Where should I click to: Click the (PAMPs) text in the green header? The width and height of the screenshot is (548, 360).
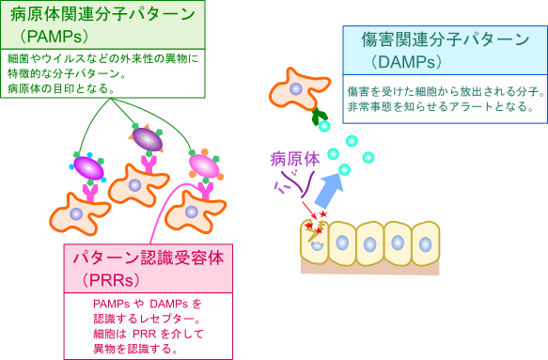click(x=55, y=36)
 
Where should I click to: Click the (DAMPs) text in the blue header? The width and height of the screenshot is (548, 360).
click(x=406, y=62)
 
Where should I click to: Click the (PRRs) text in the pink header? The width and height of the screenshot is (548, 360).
click(x=111, y=280)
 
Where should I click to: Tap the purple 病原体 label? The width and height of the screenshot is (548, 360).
click(x=295, y=160)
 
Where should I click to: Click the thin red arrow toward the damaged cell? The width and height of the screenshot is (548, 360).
click(x=309, y=211)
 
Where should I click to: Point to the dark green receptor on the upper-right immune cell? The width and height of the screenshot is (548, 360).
click(x=320, y=116)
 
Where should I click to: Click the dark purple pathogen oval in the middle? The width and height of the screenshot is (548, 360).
click(x=148, y=139)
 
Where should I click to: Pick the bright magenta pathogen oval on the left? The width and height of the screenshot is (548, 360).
click(x=88, y=168)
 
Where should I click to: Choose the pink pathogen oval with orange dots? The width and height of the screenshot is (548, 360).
click(x=204, y=166)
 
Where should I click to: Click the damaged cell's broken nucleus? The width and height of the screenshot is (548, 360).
click(x=317, y=244)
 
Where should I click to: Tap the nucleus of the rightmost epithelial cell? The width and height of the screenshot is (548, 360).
click(x=425, y=244)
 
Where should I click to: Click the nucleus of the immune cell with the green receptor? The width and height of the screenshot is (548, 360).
click(x=296, y=88)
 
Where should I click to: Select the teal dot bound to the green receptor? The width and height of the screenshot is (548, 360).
click(x=324, y=126)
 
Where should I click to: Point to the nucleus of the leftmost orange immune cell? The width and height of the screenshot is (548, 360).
click(x=76, y=213)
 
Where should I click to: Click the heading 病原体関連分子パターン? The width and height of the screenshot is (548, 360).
click(x=102, y=14)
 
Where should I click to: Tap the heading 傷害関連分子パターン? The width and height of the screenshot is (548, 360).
click(x=446, y=39)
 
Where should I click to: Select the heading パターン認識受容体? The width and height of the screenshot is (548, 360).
click(x=149, y=258)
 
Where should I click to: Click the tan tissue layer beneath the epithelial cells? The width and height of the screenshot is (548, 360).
click(x=369, y=268)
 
